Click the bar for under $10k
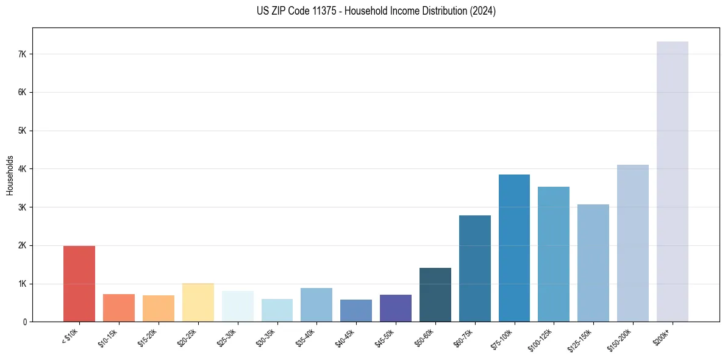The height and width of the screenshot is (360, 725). (79, 284)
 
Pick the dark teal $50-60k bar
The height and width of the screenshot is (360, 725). (435, 295)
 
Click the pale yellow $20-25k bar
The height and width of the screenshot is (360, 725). (198, 303)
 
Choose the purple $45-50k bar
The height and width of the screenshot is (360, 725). (396, 308)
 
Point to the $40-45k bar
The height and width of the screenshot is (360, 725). (356, 311)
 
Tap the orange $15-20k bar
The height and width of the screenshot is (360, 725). (159, 309)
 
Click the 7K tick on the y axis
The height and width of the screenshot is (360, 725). (23, 54)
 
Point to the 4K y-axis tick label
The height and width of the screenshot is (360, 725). (23, 169)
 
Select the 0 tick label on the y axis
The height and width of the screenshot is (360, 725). (25, 322)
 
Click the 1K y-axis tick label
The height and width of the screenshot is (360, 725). (23, 284)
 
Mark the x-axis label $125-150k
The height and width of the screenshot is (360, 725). (582, 339)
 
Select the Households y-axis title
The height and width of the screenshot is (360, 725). (10, 175)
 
